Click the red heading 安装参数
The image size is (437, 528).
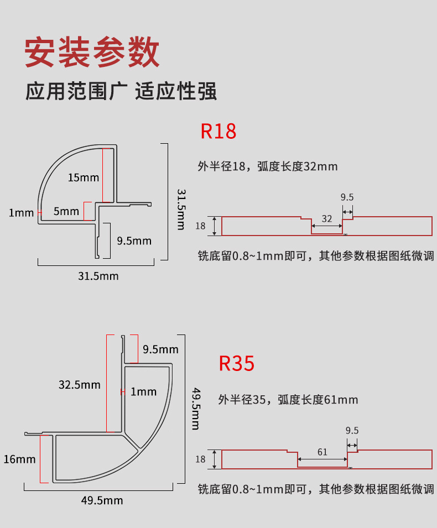92,52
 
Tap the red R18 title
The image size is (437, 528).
218,131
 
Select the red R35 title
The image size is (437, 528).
237,363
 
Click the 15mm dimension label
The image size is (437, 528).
84,177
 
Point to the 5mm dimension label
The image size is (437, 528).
66,211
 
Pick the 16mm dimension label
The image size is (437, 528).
19,459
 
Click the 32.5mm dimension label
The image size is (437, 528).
80,384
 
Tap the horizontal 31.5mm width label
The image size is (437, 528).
98,275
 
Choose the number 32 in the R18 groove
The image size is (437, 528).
327,219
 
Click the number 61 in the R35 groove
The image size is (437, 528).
322,452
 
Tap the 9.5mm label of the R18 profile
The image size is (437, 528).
134,241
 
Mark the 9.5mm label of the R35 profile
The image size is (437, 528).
160,349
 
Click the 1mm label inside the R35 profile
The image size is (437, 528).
144,392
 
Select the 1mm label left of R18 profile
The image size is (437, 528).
21,213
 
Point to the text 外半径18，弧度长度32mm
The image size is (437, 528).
267,166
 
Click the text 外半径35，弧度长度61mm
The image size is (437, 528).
288,399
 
